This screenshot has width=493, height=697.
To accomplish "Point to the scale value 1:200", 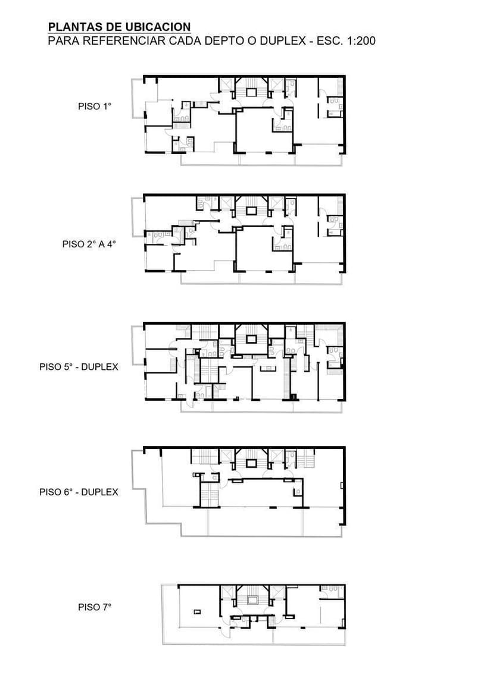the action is click(x=361, y=41).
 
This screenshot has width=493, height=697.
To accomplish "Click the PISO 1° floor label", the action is click(x=95, y=106).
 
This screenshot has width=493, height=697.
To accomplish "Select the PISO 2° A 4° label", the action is click(x=89, y=244).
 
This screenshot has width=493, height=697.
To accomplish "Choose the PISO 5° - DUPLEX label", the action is click(x=79, y=367).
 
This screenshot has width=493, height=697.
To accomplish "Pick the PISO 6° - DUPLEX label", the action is click(x=79, y=492).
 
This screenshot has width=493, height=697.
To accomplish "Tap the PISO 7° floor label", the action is click(x=95, y=607).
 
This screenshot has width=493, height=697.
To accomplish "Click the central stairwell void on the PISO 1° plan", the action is click(x=252, y=92).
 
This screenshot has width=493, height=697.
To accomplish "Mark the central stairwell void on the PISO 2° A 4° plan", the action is click(x=252, y=211).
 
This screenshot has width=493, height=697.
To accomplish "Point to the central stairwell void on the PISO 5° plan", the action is click(x=252, y=339).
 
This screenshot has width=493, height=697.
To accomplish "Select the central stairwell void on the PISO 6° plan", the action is click(x=252, y=463).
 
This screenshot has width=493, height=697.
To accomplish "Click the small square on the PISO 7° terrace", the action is click(x=196, y=613).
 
